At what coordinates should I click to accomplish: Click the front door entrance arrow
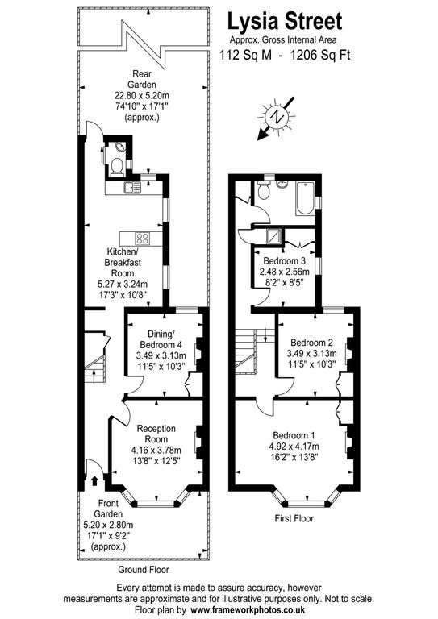(96, 481)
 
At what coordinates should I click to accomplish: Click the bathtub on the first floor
(304, 200)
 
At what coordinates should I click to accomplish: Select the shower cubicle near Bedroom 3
(277, 235)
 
